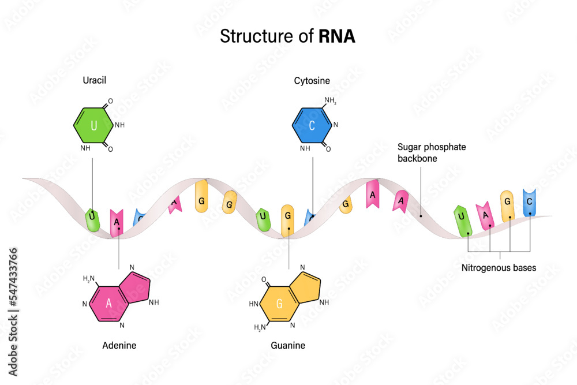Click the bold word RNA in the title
tap(337, 37)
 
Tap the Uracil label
tap(95, 81)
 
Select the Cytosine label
tap(312, 81)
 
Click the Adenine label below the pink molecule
tap(119, 345)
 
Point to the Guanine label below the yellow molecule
tap(288, 345)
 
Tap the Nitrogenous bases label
tap(499, 267)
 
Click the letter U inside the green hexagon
tap(93, 125)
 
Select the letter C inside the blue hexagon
tap(312, 125)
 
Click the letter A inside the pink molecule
tap(108, 304)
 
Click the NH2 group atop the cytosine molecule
tap(331, 101)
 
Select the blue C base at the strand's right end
tap(530, 203)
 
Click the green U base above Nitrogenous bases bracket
tap(463, 220)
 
